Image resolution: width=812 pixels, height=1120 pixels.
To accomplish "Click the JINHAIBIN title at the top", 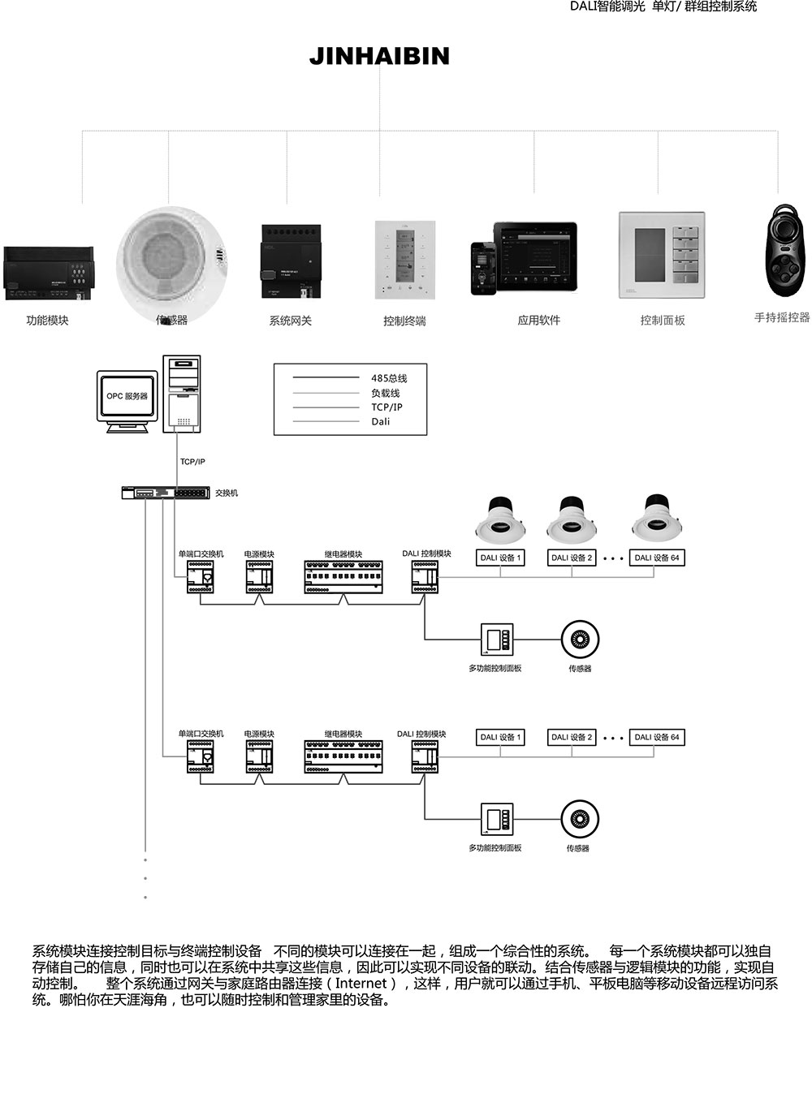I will pos(379,56).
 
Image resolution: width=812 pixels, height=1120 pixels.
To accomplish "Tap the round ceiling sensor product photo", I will pos(169,260).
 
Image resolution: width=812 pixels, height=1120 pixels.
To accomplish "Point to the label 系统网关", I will pos(290,321).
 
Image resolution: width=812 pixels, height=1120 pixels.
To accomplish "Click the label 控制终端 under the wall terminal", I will pos(404,321).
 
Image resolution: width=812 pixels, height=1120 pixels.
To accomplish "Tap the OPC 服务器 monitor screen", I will pos(127,396).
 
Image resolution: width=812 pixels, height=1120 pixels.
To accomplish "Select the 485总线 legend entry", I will pos(389,378).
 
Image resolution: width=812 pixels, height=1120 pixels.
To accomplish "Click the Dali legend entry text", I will pos(381,421).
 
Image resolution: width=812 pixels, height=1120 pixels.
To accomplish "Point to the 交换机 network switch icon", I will pos(166,493).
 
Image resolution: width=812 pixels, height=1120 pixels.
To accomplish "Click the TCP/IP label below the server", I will pos(192,462).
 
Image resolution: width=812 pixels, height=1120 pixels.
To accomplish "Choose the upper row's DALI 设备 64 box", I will pos(657,558).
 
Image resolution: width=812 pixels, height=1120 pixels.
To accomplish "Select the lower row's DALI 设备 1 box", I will pos(500,737).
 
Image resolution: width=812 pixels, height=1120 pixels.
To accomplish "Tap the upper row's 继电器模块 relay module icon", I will pos(343,576).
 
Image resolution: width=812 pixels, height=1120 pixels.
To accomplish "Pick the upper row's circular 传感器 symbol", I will pos(580,640).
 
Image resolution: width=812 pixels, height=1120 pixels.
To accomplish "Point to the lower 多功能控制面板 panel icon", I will pos(496,820).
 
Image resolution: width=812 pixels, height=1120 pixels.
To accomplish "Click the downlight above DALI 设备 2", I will pos(572,519).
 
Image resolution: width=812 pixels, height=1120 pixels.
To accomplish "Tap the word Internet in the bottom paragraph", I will pos(361,984).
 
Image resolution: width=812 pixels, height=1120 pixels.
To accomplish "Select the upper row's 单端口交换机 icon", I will pos(200,577).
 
